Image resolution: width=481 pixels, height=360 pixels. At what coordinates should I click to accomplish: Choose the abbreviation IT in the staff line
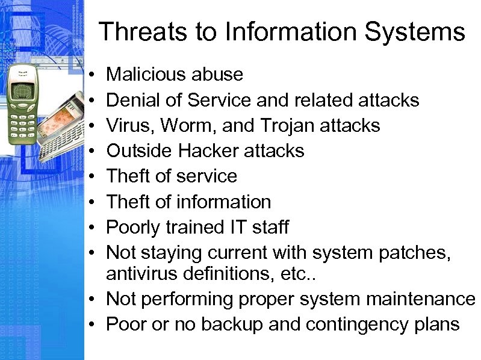(235, 228)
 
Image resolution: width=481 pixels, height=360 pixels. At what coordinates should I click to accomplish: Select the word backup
(232, 324)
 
